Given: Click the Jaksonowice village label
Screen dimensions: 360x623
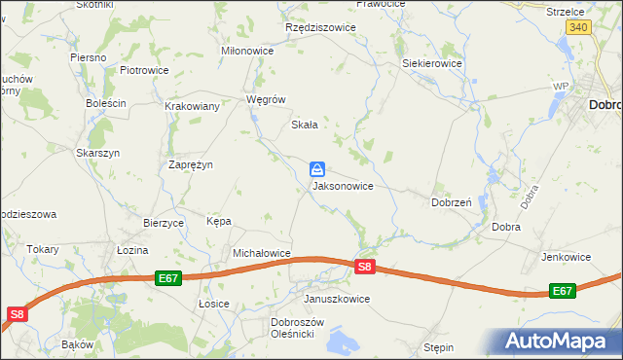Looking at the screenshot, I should (x=343, y=185).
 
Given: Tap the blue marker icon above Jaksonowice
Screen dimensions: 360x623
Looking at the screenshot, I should (x=318, y=169).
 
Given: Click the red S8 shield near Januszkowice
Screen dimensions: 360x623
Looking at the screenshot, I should (x=364, y=267).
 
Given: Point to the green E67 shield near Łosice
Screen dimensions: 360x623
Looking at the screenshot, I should (x=168, y=278).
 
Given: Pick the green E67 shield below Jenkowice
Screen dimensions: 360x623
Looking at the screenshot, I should (x=562, y=291).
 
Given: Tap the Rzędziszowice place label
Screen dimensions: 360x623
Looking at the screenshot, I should (x=320, y=28).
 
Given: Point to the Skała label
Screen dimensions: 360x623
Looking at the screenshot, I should (x=306, y=125).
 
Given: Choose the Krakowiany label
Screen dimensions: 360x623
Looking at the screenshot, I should (x=191, y=107).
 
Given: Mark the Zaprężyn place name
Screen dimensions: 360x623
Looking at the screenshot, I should (x=191, y=165).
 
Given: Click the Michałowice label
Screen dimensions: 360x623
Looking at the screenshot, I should (x=262, y=253).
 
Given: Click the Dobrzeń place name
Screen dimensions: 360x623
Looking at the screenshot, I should (x=452, y=203).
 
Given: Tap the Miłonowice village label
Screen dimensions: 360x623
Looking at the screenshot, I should (x=248, y=51).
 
